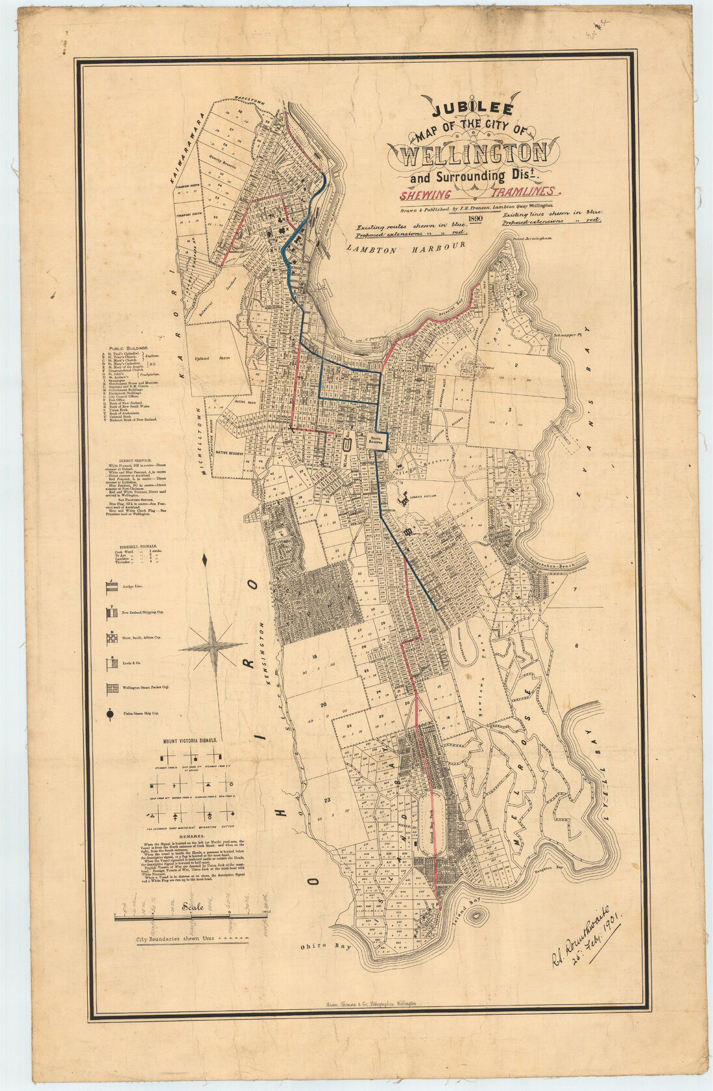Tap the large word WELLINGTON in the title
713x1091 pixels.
coord(474,154)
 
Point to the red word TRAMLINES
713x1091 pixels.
coord(526,193)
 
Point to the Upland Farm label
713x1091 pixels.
coord(210,359)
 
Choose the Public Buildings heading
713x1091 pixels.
coord(128,349)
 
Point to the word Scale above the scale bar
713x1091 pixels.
coord(193,907)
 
